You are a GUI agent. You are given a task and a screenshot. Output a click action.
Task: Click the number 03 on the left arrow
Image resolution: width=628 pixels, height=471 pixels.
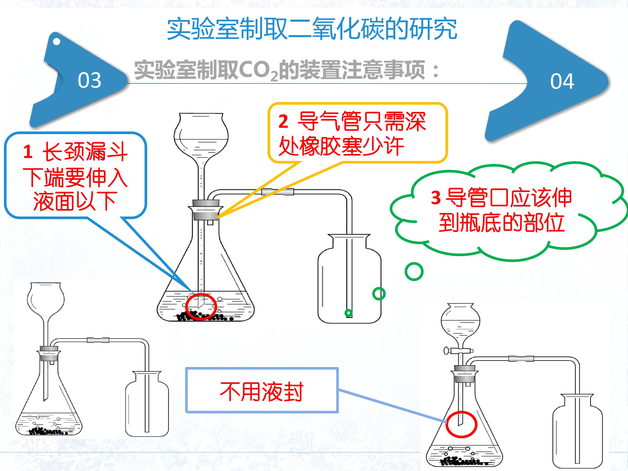(89, 80)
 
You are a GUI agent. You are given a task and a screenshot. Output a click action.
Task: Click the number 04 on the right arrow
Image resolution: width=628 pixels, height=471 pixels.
(562, 82)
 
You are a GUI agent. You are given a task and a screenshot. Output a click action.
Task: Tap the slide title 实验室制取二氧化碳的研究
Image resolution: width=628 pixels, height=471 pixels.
(312, 29)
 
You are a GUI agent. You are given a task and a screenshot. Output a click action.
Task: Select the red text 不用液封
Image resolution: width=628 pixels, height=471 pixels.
(261, 392)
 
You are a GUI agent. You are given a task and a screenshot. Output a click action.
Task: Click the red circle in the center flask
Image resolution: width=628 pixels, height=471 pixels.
(201, 307)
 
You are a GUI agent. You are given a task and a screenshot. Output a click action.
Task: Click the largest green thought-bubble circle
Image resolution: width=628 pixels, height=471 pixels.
(414, 271)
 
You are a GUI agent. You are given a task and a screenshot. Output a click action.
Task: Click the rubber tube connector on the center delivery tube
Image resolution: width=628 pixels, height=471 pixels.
(278, 192)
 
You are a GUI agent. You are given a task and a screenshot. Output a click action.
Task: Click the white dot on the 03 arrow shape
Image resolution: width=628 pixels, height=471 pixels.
(56, 41)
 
